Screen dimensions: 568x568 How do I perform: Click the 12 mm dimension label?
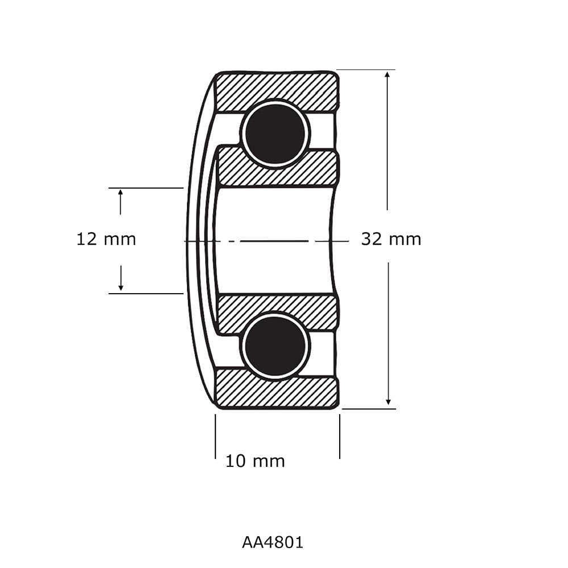pyautogui.click(x=106, y=239)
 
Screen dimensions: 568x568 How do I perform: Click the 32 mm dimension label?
pyautogui.click(x=391, y=239)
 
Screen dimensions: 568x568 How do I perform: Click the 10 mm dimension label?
pyautogui.click(x=255, y=461)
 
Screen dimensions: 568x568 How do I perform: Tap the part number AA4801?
pyautogui.click(x=273, y=542)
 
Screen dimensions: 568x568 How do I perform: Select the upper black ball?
pyautogui.click(x=275, y=133)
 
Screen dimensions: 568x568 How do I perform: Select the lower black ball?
pyautogui.click(x=275, y=346)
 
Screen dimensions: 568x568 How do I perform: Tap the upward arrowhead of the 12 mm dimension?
pyautogui.click(x=120, y=193)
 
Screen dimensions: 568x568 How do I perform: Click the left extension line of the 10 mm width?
pyautogui.click(x=215, y=436)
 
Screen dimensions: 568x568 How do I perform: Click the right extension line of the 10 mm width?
pyautogui.click(x=340, y=436)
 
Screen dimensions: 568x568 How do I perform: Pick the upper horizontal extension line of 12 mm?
pyautogui.click(x=145, y=187)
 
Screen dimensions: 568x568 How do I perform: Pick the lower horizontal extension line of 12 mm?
pyautogui.click(x=145, y=294)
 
